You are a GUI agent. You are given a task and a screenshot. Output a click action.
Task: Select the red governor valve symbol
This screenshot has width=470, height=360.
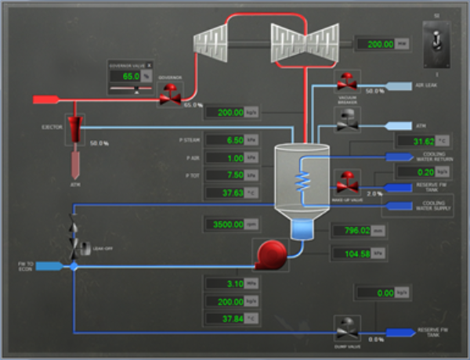(169, 95)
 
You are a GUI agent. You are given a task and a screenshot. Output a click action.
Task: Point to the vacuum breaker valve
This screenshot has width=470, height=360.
(345, 81)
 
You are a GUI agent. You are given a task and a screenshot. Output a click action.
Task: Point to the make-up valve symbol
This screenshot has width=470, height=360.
(345, 182)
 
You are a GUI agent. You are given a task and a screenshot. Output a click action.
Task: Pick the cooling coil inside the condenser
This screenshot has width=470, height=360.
(300, 182)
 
